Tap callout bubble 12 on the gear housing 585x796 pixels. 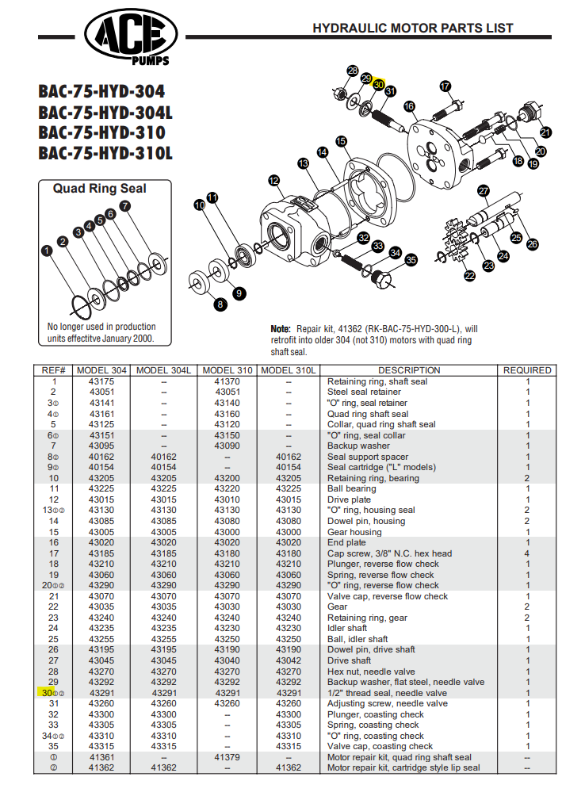pos(274,181)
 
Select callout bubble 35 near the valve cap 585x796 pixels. pos(411,259)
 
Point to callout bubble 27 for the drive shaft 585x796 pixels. pos(483,190)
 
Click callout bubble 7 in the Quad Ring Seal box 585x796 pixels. pos(124,205)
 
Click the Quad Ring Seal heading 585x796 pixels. pos(99,189)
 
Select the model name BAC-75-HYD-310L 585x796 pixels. pos(105,152)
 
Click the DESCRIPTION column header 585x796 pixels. pos(409,370)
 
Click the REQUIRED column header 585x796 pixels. pos(527,370)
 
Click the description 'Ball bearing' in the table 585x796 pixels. pos(353,489)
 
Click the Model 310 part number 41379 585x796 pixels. pos(227,757)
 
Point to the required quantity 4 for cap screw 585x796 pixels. pos(527,553)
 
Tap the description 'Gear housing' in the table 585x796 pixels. pos(354,532)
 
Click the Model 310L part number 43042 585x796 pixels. pos(289,660)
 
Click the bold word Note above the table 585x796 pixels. pos(281,328)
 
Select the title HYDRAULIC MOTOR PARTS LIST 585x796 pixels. pos(412,28)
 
